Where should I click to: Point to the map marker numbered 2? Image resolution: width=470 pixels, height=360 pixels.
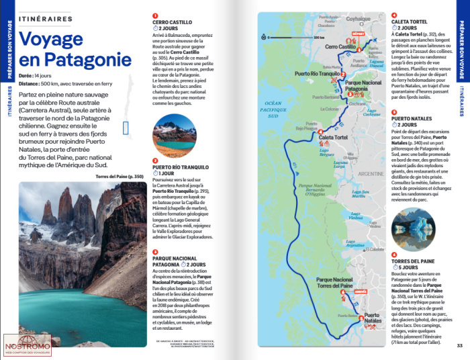click(343, 75)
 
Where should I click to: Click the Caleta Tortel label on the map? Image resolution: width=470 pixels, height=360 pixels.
click(333, 137)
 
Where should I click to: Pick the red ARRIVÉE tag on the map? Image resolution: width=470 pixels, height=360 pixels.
click(359, 291)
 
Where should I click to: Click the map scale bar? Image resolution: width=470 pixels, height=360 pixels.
click(283, 37)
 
